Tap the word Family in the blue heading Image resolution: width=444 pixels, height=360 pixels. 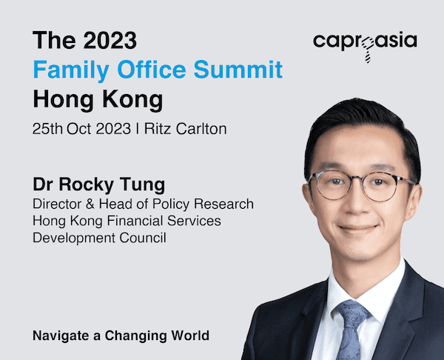[71, 70]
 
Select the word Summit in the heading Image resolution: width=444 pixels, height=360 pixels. [238, 69]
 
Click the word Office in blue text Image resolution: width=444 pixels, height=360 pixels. [152, 69]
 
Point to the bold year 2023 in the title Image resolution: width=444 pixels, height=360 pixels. [110, 40]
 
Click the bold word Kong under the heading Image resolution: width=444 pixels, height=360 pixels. [132, 100]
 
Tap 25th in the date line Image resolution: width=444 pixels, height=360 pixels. [47, 129]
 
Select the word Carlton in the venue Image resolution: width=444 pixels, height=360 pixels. [201, 129]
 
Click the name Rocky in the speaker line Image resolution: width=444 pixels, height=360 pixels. [86, 185]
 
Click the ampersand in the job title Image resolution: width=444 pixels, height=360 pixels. [90, 204]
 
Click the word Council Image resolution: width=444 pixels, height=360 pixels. [142, 238]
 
